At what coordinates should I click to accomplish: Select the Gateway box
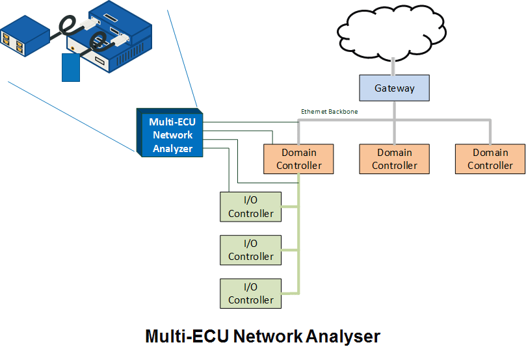tap(394, 88)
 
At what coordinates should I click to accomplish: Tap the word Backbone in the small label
tap(343, 112)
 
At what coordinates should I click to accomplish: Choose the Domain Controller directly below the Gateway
tap(394, 159)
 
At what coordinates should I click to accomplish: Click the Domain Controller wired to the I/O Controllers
tap(298, 159)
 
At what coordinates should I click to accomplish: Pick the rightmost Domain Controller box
tap(490, 159)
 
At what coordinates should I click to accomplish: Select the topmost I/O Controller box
tap(250, 207)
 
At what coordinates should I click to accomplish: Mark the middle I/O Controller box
tap(250, 250)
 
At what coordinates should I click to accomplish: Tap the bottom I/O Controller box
tap(250, 293)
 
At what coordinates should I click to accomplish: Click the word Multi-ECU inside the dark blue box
tap(172, 122)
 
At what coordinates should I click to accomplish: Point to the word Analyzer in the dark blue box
tap(172, 149)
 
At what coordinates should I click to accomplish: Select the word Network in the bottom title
tap(267, 337)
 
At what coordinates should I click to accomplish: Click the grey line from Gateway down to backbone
tap(394, 110)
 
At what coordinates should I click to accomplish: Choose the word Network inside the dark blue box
tap(172, 135)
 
